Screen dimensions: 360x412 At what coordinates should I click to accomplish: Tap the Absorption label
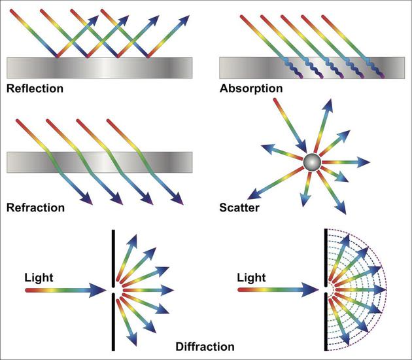coord(251,88)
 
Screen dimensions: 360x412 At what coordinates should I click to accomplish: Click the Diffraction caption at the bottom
coord(205,346)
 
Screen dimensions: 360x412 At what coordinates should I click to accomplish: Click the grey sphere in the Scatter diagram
coord(312,162)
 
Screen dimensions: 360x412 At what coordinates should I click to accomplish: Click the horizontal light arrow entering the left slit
coord(65,289)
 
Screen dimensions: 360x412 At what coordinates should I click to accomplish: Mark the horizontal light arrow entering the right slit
coord(278,289)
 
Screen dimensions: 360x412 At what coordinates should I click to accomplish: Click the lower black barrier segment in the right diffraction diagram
coord(326,324)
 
